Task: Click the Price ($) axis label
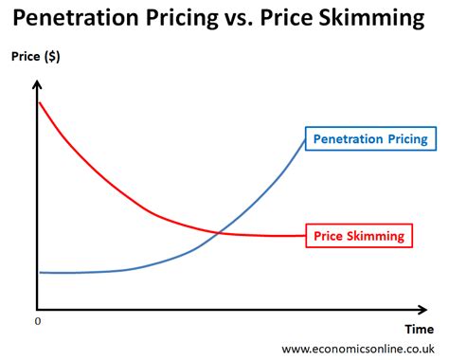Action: coord(36,57)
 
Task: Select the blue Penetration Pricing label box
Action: coord(369,139)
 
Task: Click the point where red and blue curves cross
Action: coord(219,232)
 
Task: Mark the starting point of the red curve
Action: coord(39,102)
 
